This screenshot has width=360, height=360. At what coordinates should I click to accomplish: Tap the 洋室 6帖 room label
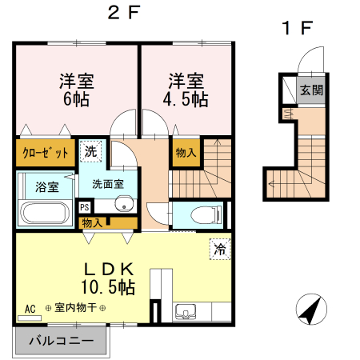coord(77,90)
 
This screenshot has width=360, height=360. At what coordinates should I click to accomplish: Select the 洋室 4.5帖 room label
coord(186,90)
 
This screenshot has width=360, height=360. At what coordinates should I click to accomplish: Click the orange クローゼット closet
coord(45,153)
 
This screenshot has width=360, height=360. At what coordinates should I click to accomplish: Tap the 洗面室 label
coord(108,183)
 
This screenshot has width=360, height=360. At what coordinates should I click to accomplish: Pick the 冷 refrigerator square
coord(218,249)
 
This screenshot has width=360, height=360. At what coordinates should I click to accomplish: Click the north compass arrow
coord(310,310)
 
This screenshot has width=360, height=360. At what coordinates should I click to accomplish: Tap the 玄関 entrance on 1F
coord(312,90)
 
